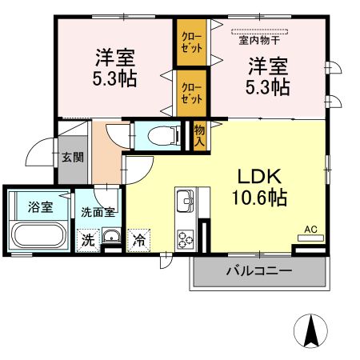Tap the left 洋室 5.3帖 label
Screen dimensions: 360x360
[x=115, y=69]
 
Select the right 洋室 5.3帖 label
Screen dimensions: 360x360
[x=267, y=77]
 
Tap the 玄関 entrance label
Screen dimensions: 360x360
[x=73, y=156]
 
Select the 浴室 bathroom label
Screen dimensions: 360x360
[x=40, y=207]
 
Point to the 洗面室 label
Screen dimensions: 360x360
[x=98, y=214]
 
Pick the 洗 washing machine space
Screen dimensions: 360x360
[x=85, y=238]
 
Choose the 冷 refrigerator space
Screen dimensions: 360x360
[x=139, y=238]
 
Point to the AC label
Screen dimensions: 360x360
[x=311, y=230]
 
